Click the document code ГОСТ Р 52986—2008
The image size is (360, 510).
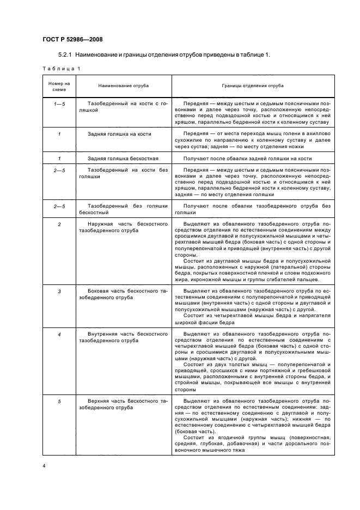click(72, 39)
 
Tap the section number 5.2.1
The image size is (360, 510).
click(66, 55)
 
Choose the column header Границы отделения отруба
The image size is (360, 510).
click(252, 86)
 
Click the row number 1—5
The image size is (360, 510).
click(59, 103)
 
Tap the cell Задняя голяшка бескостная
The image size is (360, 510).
click(123, 158)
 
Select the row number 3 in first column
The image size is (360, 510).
click(59, 292)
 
